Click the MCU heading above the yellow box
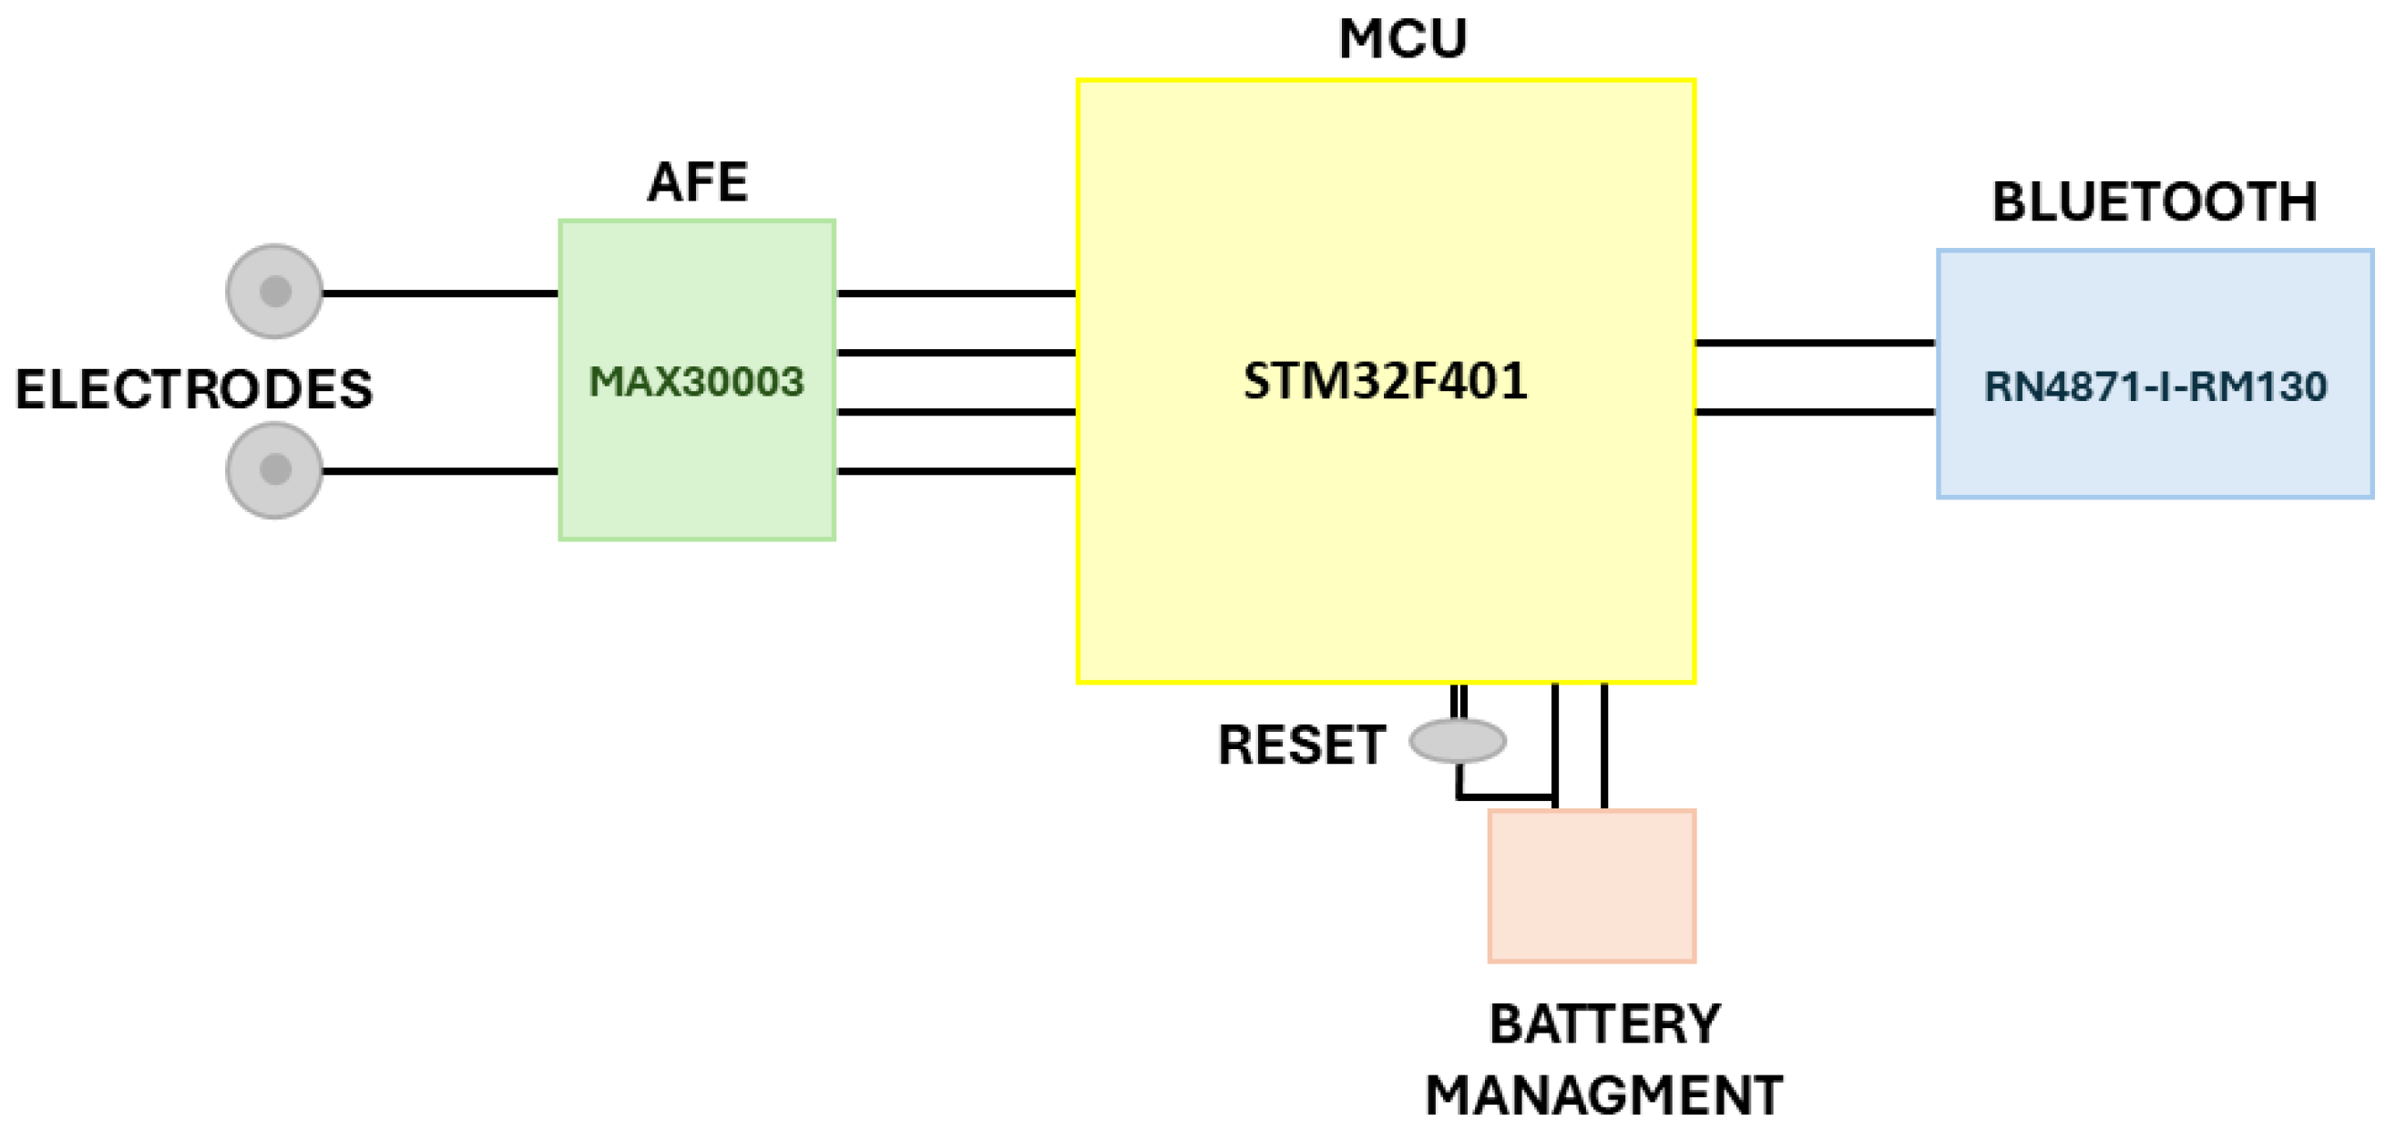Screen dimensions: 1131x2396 point(1402,40)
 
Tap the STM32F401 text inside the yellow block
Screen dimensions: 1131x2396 point(1385,380)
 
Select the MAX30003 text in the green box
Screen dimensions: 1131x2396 point(696,381)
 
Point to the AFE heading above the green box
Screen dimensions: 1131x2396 point(698,181)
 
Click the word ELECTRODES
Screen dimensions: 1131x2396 point(193,389)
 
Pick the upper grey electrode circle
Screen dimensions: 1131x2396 point(274,291)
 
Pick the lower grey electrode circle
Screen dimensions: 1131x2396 point(274,469)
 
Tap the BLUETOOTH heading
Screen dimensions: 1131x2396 point(2155,201)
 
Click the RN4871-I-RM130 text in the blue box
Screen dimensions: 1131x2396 point(2155,386)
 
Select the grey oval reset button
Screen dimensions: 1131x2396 point(1457,740)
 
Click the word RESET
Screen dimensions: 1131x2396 point(1301,745)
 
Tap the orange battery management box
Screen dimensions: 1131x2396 point(1592,886)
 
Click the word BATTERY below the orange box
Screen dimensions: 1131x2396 point(1604,1024)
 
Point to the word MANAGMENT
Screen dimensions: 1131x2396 point(1603,1095)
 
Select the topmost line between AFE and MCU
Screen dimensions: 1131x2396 point(957,293)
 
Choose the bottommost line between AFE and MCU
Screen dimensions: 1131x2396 point(957,470)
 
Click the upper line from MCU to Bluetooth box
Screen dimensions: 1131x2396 point(1816,344)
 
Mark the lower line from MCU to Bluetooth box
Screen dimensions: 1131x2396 point(1816,411)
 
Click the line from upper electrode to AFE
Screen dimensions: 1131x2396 point(439,293)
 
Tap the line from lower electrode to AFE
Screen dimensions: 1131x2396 point(439,470)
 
